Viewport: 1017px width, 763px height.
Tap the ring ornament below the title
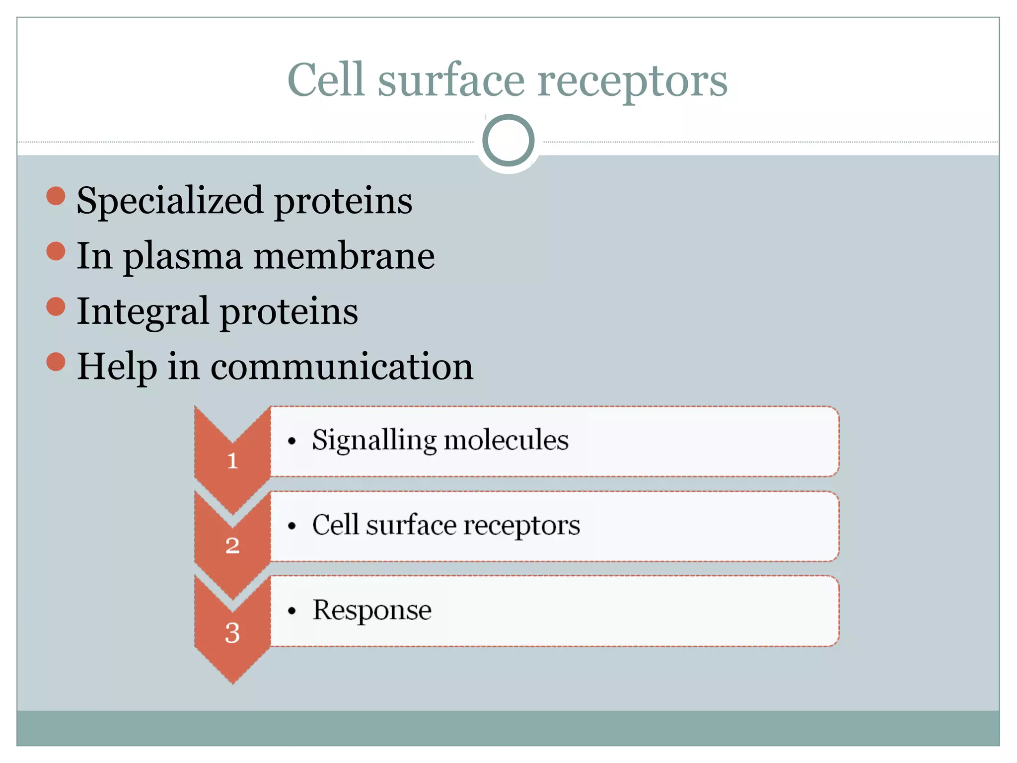508,141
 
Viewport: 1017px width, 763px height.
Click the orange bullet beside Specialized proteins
56,196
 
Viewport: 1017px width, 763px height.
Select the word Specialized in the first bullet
169,201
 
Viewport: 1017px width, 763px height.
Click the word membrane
344,256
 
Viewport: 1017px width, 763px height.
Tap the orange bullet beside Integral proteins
56,306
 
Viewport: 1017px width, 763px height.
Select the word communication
342,367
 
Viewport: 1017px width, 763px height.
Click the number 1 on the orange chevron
232,460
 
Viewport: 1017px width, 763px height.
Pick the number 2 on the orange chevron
232,545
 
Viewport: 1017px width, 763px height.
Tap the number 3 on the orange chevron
232,632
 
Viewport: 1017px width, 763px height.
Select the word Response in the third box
371,610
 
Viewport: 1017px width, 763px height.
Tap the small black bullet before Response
291,611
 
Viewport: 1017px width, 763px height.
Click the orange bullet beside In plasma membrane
56,251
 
